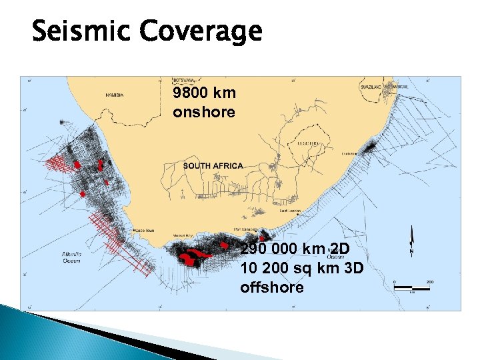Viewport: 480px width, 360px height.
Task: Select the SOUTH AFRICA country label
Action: click(213, 165)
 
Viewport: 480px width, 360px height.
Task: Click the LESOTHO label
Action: click(310, 143)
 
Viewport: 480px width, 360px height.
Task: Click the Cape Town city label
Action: click(145, 231)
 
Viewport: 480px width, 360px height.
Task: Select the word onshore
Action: click(204, 112)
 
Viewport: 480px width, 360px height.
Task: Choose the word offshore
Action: click(272, 287)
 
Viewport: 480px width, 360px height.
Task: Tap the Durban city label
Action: click(347, 153)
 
